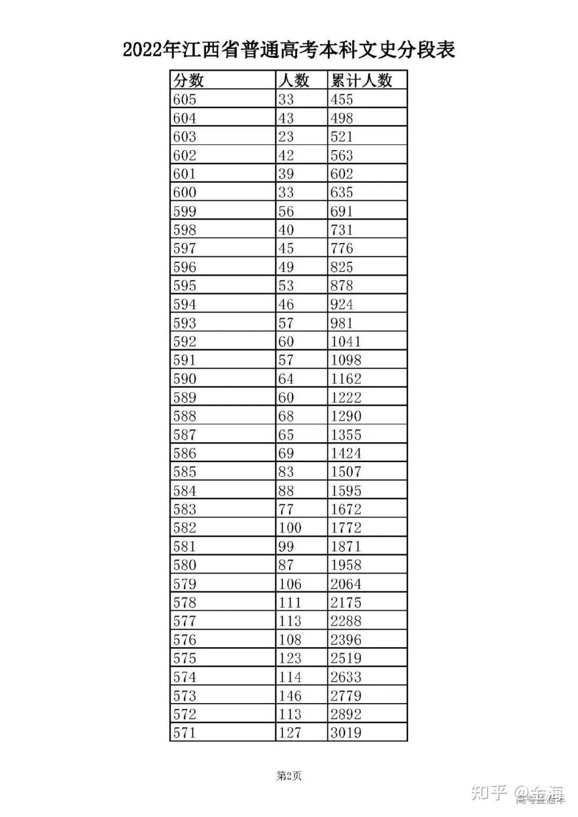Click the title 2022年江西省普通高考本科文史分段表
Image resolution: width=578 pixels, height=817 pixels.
[289, 50]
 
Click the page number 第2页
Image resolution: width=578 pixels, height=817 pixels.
[289, 776]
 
